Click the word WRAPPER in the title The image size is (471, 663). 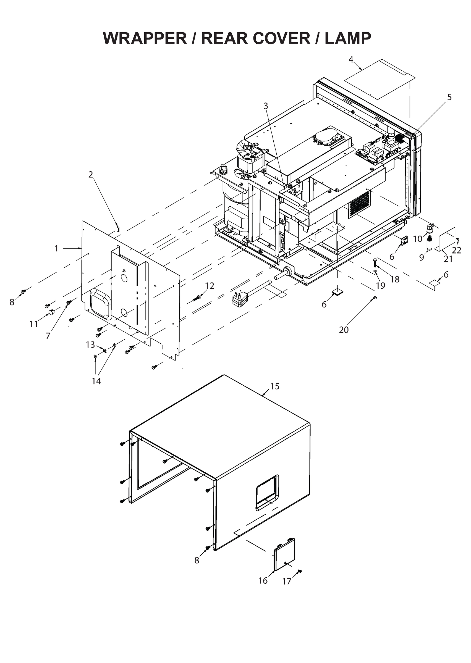[x=145, y=38]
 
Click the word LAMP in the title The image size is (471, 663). [x=348, y=38]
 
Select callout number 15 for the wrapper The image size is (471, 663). [x=275, y=386]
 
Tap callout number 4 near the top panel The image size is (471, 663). [x=351, y=59]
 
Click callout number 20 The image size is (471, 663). [x=344, y=330]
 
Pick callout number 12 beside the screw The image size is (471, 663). [x=210, y=286]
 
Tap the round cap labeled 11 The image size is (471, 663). [x=52, y=312]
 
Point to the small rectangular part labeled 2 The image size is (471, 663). [x=117, y=228]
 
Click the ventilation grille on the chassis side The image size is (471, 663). [x=360, y=203]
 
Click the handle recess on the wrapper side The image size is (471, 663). [x=267, y=493]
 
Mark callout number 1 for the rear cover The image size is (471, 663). [x=57, y=248]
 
